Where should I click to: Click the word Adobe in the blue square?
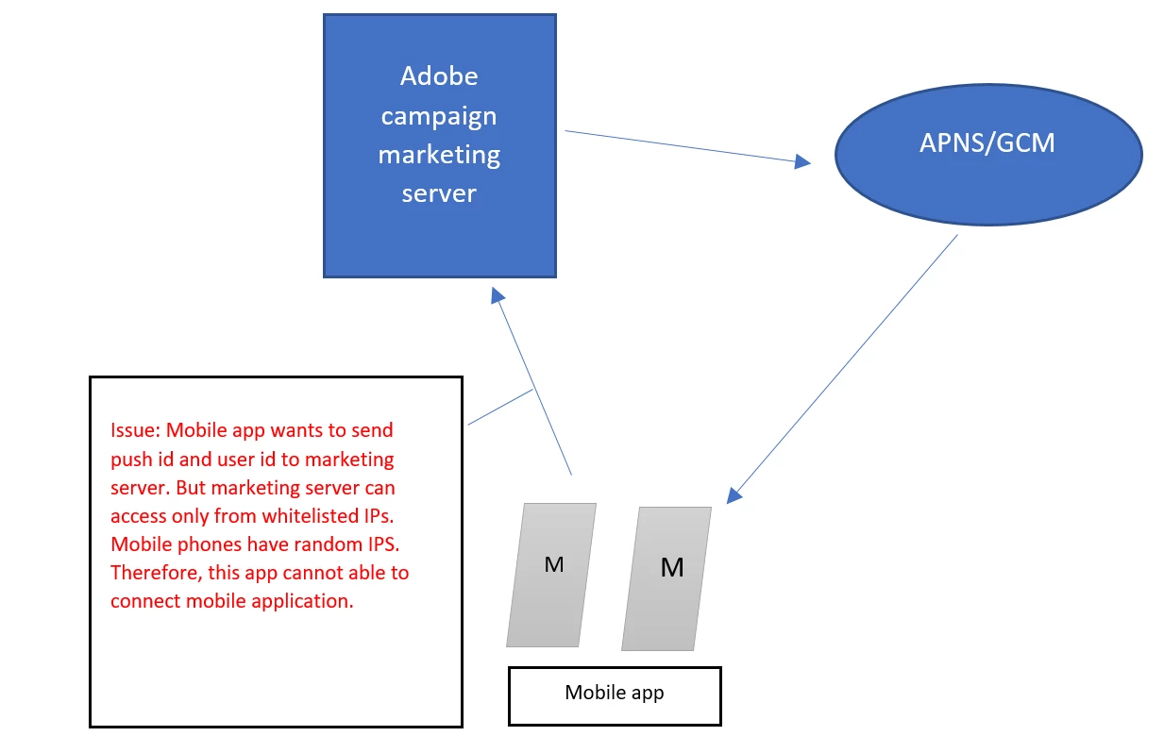(439, 75)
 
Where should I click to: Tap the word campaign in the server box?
(439, 116)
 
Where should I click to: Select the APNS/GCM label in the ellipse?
(987, 142)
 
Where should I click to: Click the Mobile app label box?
(615, 695)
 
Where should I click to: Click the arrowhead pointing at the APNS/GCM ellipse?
(802, 162)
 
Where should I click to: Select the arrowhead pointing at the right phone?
(735, 494)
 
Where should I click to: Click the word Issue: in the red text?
(136, 430)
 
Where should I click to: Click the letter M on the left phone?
(554, 564)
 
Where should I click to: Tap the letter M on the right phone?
(672, 567)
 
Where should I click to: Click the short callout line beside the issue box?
(500, 408)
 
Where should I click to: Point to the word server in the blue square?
(439, 193)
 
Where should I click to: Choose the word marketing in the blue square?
(439, 155)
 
